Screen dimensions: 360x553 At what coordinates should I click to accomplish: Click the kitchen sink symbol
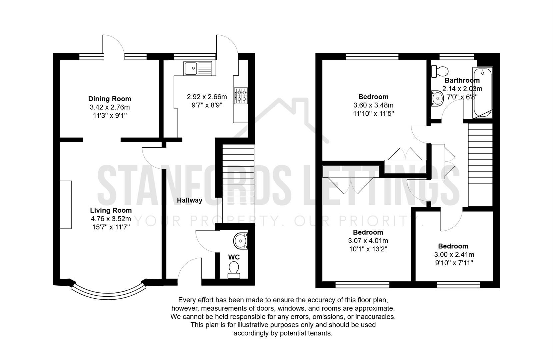pos(198,68)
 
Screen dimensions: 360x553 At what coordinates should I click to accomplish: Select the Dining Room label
pos(109,99)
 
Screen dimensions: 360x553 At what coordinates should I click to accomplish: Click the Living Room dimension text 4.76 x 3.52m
pos(111,219)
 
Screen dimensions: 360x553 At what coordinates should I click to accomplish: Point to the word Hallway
pos(189,200)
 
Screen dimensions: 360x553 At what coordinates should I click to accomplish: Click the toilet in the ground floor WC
pos(234,269)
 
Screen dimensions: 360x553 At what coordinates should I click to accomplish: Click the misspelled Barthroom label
pos(462,80)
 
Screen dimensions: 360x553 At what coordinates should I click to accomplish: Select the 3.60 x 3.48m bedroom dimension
pos(373,105)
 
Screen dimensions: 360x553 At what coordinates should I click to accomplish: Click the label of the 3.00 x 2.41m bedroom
pos(453,246)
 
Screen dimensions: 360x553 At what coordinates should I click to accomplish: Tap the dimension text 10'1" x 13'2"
pos(368,249)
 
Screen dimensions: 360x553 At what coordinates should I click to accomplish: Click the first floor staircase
pos(480,165)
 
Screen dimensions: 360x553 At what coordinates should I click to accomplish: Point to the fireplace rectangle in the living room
pos(66,205)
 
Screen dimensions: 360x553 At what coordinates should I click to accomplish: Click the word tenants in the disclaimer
pos(321,333)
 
